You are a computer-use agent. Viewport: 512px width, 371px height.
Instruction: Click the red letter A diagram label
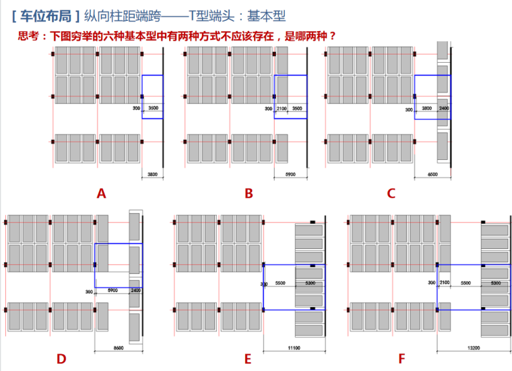tap(102, 194)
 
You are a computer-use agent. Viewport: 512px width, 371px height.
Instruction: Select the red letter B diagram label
tap(249, 194)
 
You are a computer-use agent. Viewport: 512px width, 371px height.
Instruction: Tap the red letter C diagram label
tap(391, 194)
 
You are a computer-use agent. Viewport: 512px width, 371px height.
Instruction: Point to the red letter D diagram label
tap(61, 359)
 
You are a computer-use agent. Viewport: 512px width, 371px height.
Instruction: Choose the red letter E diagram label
tap(247, 359)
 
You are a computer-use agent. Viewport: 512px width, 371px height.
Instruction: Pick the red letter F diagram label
tap(402, 359)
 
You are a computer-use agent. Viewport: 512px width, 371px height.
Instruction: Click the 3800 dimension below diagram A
tap(152, 174)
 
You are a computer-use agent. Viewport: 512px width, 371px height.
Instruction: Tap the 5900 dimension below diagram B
tap(290, 174)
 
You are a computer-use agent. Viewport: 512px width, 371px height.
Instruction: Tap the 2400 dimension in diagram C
tap(443, 108)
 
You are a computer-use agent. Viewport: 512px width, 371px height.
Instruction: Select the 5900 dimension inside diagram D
tap(113, 291)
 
